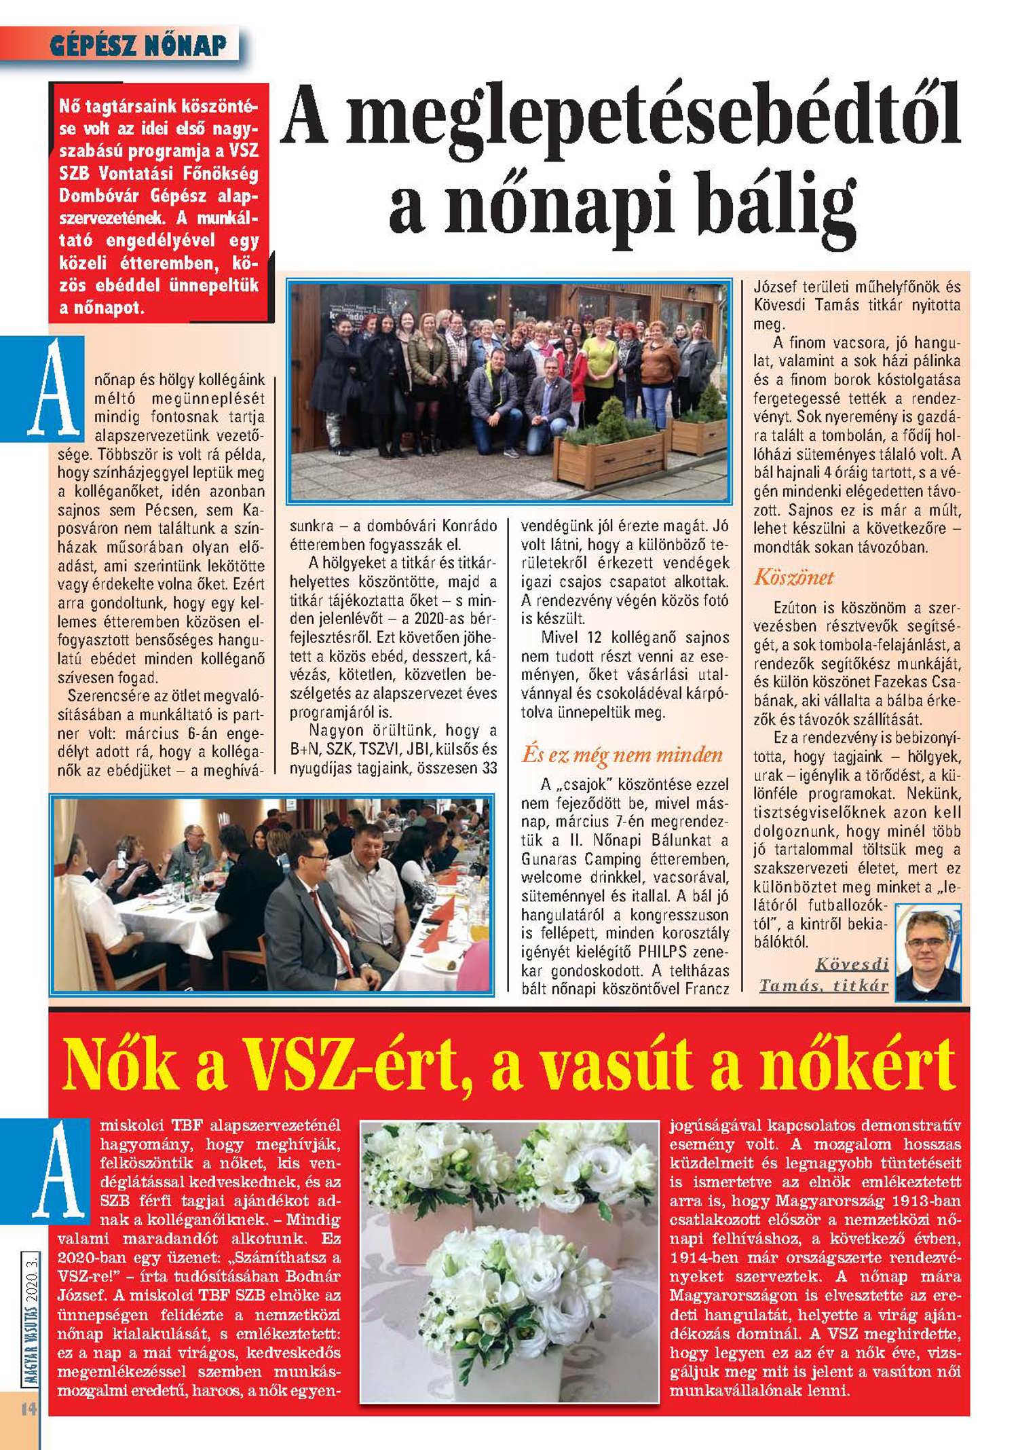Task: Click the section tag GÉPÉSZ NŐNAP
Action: tap(138, 46)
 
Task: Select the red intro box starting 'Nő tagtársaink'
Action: tap(158, 201)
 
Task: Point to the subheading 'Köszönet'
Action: tap(793, 578)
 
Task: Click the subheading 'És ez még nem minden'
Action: tap(622, 755)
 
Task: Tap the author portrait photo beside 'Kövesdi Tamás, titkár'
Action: tap(928, 952)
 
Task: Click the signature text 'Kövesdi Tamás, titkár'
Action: tap(825, 975)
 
